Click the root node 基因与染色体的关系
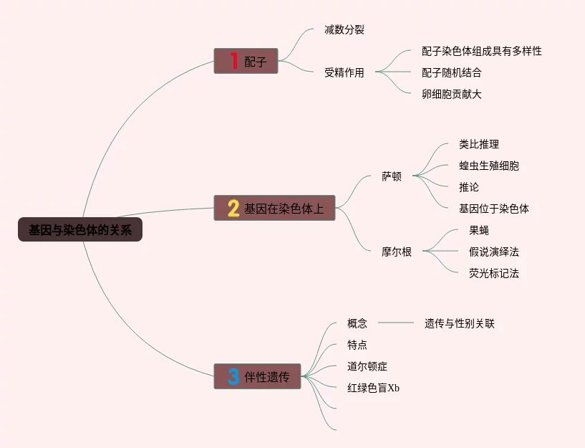coord(80,230)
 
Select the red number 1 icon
coord(233,62)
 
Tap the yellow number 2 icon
coord(233,208)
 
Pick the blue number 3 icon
coord(233,376)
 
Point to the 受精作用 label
coord(344,72)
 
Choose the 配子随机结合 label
coord(452,72)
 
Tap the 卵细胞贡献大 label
coord(452,94)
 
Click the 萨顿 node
coord(392,176)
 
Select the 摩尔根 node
coord(397,252)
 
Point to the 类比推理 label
coord(479,144)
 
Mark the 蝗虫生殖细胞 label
coord(489,166)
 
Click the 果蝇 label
coord(479,230)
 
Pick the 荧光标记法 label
coord(494,273)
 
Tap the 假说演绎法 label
coord(494,252)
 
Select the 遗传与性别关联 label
coord(460,323)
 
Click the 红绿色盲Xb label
coord(373,388)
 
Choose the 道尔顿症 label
coord(367,366)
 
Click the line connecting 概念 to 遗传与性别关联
coord(395,323)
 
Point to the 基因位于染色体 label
coord(494,209)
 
